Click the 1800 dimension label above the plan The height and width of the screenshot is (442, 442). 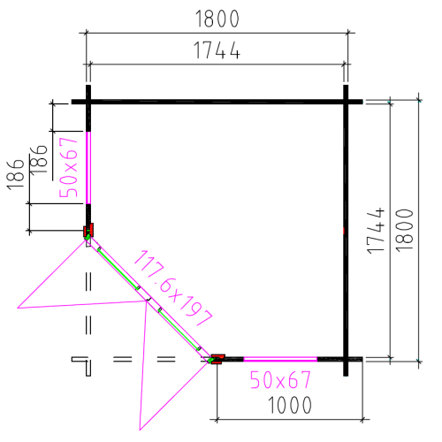217,19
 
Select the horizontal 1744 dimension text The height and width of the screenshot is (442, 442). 217,50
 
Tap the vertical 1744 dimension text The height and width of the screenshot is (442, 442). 376,231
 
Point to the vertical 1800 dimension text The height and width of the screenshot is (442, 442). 404,231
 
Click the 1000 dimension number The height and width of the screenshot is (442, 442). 290,405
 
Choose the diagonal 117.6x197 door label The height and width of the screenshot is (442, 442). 172,288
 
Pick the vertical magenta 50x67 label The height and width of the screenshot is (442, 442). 68,167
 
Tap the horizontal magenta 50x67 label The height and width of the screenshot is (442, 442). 280,380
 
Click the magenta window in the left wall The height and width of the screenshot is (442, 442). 88,168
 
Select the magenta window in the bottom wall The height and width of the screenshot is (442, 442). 280,359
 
